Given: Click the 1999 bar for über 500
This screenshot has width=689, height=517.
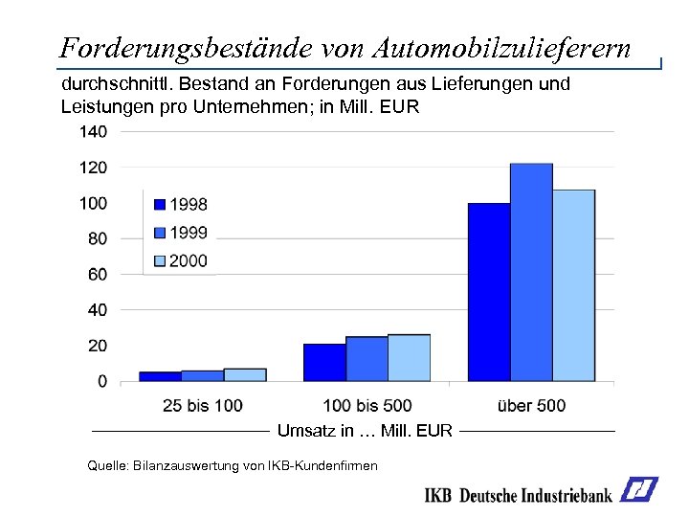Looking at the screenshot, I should (531, 273).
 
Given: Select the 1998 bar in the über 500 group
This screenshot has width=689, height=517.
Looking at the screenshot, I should (489, 292).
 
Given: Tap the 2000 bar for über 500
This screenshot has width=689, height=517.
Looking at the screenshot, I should (573, 285).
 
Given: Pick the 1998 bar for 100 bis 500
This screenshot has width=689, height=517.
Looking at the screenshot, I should (324, 363).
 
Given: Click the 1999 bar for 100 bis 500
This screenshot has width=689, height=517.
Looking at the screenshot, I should (367, 359).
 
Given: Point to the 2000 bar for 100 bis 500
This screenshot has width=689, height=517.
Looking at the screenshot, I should (409, 358).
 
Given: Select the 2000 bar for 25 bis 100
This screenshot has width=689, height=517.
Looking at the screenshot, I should (245, 375).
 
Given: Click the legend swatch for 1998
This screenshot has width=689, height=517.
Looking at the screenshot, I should (160, 204).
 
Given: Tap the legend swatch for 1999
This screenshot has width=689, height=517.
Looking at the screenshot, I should (160, 233).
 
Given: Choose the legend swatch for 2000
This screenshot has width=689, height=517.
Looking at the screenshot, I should (160, 260).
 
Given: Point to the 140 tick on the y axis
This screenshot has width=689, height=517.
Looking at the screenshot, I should (93, 132).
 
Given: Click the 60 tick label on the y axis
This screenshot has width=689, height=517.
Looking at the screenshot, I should (96, 275).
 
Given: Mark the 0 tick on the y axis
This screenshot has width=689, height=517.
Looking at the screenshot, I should (101, 382).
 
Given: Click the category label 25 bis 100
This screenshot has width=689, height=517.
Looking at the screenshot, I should (203, 406).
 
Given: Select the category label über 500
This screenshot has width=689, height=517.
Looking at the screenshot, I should (531, 406).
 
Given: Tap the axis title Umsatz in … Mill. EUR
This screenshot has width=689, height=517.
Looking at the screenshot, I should (365, 431).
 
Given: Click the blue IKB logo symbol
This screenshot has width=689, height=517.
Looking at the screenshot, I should (638, 490).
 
